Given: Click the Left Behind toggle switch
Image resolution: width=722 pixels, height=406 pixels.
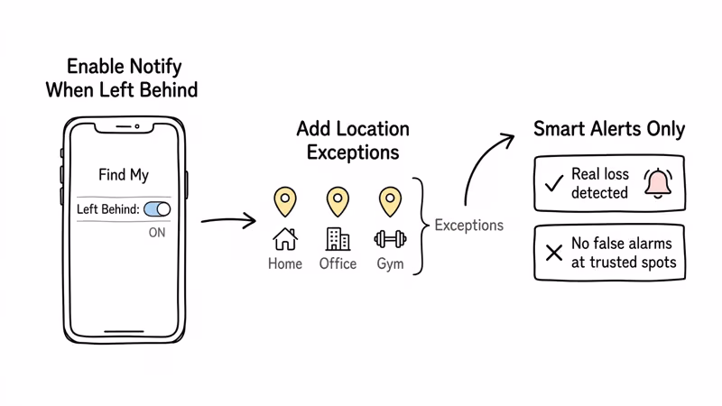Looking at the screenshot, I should pyautogui.click(x=157, y=209).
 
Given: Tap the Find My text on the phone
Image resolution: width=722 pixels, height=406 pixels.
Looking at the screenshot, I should pyautogui.click(x=124, y=175).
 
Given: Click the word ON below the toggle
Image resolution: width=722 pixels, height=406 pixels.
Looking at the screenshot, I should pyautogui.click(x=157, y=233).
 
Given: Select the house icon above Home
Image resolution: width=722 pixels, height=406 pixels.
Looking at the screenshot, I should pyautogui.click(x=285, y=239).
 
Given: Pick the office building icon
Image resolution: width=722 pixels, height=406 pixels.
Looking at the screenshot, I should pyautogui.click(x=338, y=239).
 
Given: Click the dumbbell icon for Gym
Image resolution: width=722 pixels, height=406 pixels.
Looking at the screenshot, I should pyautogui.click(x=390, y=239).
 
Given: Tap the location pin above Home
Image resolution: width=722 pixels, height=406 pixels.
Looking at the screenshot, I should pyautogui.click(x=285, y=200).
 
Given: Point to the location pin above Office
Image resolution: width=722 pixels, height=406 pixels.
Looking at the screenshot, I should pyautogui.click(x=338, y=200).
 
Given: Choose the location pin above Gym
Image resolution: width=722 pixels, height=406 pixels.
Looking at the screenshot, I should pyautogui.click(x=390, y=200).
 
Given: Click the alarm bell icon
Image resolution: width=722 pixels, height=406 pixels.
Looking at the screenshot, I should pyautogui.click(x=658, y=183).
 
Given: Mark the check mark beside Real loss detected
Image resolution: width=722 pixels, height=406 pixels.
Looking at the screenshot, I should pyautogui.click(x=554, y=184).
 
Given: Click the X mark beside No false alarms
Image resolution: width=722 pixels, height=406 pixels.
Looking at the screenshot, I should pyautogui.click(x=554, y=253).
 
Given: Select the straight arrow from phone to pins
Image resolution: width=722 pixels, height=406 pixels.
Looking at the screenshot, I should pyautogui.click(x=228, y=220).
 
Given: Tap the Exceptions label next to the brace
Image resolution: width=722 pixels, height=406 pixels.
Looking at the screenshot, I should pyautogui.click(x=468, y=225).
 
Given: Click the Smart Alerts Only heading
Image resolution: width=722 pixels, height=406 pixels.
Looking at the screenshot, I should pyautogui.click(x=609, y=129).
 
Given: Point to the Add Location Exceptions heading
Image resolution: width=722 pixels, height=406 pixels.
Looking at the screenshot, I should pyautogui.click(x=353, y=140).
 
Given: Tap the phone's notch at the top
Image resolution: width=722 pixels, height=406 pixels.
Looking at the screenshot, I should pyautogui.click(x=124, y=126).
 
